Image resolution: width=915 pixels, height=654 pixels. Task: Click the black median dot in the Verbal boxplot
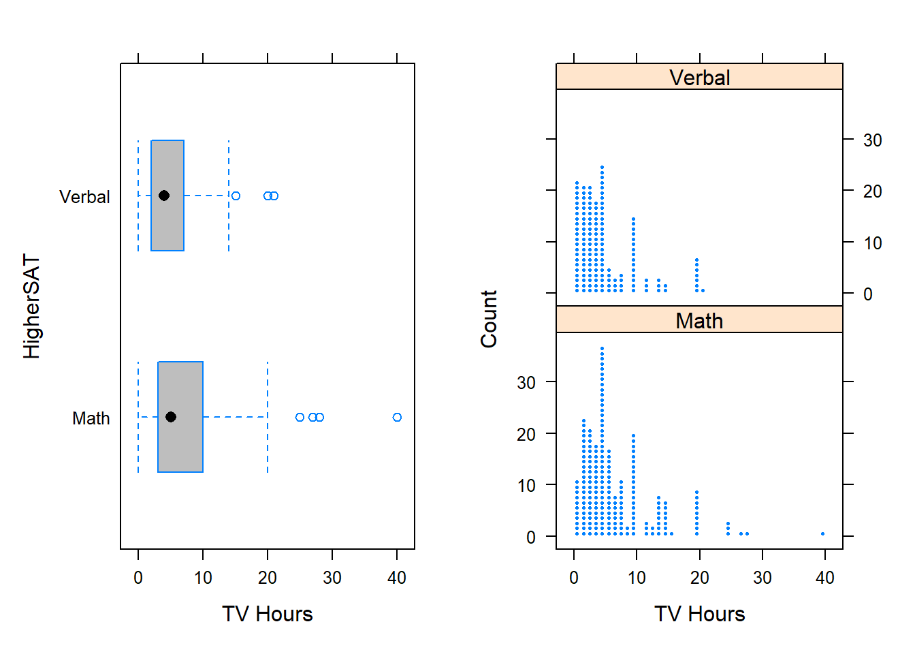(x=164, y=196)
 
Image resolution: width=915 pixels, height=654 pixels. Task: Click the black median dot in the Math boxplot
(x=171, y=417)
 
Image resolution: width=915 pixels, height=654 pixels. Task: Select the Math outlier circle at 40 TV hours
(x=397, y=417)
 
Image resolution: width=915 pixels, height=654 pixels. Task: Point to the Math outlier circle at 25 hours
(x=300, y=417)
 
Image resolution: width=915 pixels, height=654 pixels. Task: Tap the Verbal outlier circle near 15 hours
(x=236, y=196)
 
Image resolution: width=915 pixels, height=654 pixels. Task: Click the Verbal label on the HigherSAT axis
(x=84, y=197)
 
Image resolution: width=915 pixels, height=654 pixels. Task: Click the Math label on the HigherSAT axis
(x=91, y=418)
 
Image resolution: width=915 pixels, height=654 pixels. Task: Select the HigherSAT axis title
(x=31, y=307)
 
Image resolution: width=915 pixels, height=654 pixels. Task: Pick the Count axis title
(x=489, y=319)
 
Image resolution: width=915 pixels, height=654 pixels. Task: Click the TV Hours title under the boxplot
(x=267, y=614)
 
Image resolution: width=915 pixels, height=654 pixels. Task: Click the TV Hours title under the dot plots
(x=699, y=614)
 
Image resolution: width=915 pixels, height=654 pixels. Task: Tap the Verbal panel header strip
(x=699, y=77)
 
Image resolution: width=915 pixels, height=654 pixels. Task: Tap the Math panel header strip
(x=699, y=320)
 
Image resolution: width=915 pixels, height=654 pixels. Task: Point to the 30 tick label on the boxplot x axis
(x=332, y=578)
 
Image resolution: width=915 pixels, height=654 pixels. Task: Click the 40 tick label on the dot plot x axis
(x=824, y=578)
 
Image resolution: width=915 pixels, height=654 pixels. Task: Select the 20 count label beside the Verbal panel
(x=872, y=191)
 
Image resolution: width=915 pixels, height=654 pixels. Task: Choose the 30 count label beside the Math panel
(x=526, y=383)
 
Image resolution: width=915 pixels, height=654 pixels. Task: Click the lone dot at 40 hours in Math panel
(x=822, y=533)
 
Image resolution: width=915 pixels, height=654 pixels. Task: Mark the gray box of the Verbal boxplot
(x=167, y=218)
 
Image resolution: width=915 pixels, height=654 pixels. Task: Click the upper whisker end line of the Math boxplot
(x=268, y=417)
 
